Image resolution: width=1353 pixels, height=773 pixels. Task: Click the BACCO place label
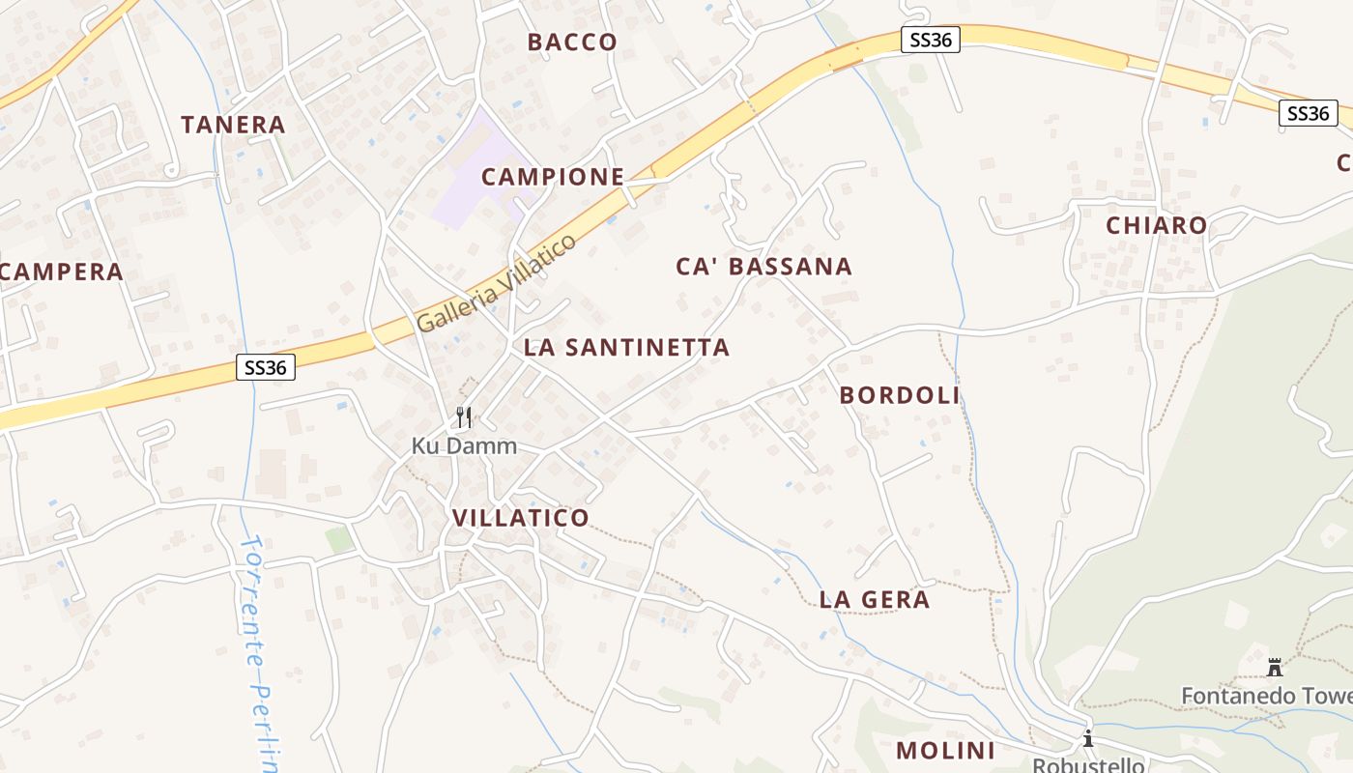point(572,42)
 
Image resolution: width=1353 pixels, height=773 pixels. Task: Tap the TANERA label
point(234,125)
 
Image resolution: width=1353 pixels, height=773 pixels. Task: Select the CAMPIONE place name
point(553,177)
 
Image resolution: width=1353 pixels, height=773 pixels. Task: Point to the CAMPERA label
point(62,272)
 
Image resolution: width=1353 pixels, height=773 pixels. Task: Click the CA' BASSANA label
point(763,267)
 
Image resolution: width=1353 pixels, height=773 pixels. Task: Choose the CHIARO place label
point(1157,226)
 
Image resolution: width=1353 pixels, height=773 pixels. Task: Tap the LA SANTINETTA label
point(626,348)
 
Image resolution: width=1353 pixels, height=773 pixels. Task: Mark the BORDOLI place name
point(900,395)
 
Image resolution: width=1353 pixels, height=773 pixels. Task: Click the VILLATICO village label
point(521,518)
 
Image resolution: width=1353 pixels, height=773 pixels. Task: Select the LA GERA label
point(875,600)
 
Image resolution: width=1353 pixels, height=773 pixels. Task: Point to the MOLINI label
point(945,751)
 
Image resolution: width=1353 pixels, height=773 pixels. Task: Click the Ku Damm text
point(464,446)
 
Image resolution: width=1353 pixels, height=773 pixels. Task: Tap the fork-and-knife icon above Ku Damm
point(464,417)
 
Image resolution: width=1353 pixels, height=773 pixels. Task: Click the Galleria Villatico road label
point(497,283)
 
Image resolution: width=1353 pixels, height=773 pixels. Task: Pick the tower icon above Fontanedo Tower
point(1275,667)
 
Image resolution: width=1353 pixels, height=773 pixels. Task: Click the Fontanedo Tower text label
point(1266,696)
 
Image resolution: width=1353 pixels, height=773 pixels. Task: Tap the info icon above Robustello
point(1088,739)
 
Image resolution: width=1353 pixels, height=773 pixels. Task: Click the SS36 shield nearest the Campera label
point(266,367)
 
